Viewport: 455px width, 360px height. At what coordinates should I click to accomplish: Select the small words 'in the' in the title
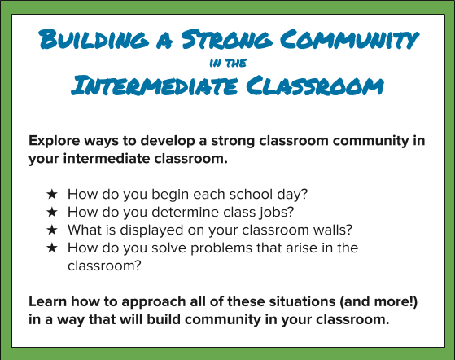(x=227, y=61)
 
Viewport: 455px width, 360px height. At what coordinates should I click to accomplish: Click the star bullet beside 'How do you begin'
(x=51, y=195)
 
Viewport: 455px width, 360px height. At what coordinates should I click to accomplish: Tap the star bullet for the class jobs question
(x=51, y=213)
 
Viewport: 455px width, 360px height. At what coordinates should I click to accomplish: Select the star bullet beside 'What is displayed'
(x=51, y=230)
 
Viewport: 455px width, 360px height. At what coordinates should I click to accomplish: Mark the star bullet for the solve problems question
(x=51, y=247)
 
